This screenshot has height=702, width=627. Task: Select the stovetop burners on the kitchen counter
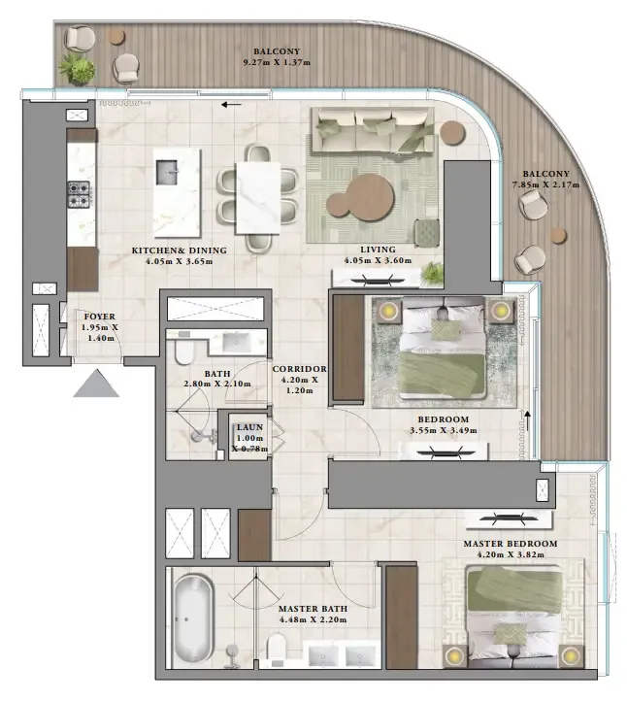click(78, 194)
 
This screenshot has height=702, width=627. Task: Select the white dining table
click(257, 194)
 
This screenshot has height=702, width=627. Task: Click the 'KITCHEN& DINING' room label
click(179, 251)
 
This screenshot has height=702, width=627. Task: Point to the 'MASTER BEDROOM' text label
click(510, 544)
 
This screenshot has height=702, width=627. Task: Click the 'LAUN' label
click(248, 426)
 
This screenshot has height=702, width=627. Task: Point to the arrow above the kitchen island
click(230, 105)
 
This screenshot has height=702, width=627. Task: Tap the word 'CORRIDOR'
click(299, 370)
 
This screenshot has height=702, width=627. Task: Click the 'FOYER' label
click(100, 317)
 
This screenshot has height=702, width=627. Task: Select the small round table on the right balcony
click(558, 234)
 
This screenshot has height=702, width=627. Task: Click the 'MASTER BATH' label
click(311, 608)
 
